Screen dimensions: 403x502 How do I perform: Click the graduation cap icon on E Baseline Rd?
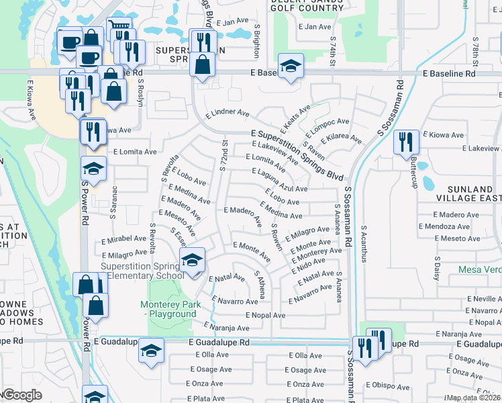point(291,66)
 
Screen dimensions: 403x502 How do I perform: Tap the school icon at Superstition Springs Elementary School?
point(193,261)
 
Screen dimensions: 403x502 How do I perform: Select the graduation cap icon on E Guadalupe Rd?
point(152,350)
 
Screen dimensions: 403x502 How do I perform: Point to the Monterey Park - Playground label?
point(168,309)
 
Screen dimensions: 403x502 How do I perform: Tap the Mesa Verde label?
point(480,269)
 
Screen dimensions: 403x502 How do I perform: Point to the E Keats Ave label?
point(295,117)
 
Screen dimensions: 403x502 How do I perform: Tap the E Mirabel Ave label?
point(123,238)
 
